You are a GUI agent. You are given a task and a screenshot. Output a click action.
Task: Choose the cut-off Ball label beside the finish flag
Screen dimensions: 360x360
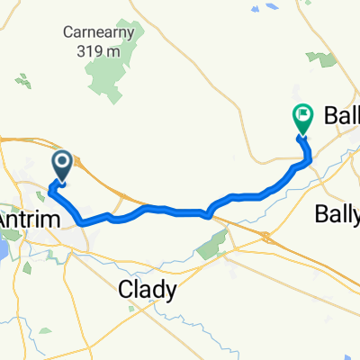click(337, 116)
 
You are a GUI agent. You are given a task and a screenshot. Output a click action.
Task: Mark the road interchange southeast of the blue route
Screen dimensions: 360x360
click(266, 237)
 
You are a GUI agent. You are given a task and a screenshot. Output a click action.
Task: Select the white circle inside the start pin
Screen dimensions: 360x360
click(63, 161)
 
